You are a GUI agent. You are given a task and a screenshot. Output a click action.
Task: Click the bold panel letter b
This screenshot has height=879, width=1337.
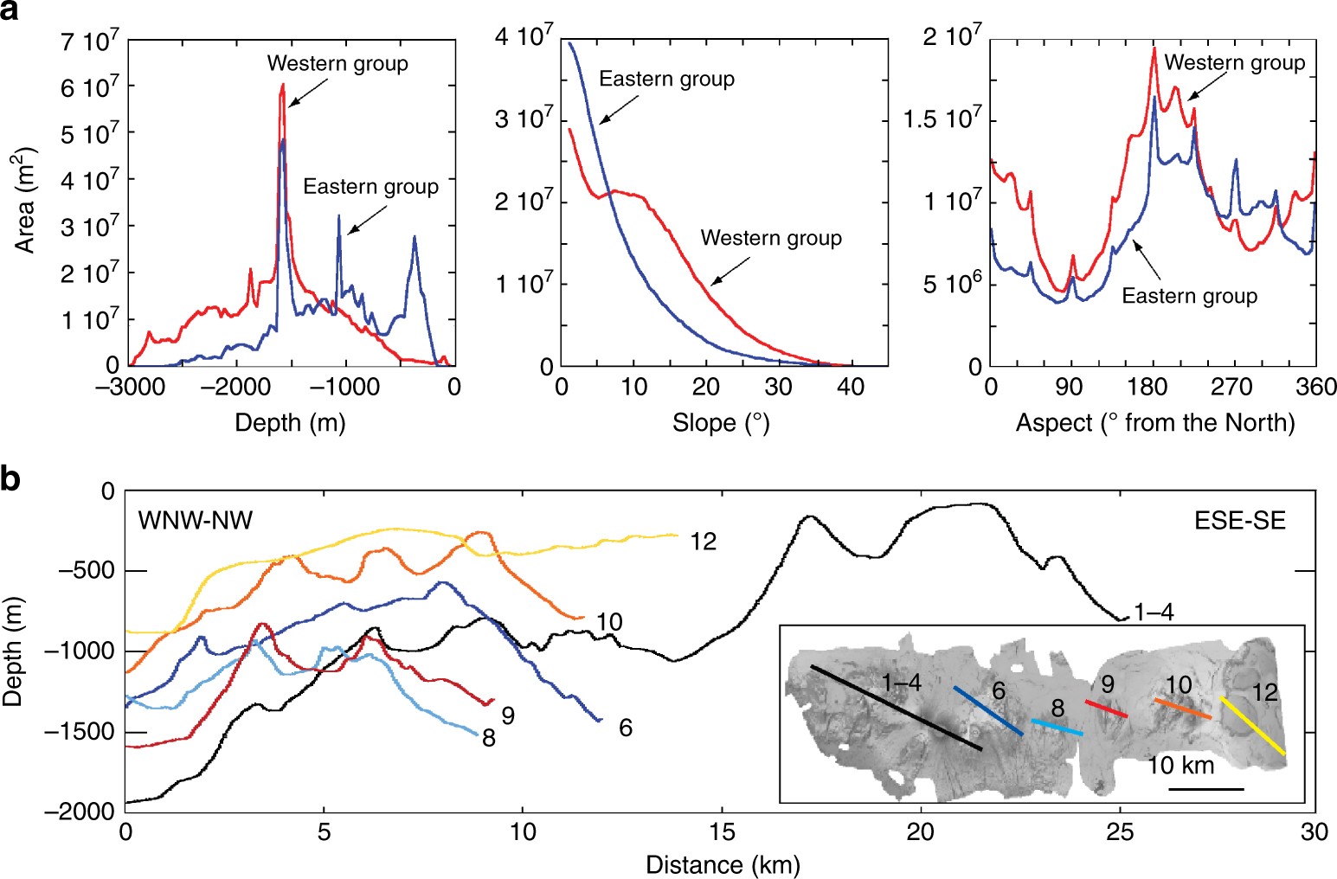[x=12, y=478]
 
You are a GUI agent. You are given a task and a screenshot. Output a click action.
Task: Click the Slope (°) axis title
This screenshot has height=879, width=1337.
[x=720, y=423]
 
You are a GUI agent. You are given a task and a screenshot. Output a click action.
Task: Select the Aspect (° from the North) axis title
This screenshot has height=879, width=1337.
[x=1154, y=423]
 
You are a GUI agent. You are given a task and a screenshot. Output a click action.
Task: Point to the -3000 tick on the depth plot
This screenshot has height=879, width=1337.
[x=129, y=386]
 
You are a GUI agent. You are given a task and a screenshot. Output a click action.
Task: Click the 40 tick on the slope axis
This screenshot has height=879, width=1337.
[x=851, y=387]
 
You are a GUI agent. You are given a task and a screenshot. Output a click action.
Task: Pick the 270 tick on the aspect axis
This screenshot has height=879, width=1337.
[x=1235, y=387]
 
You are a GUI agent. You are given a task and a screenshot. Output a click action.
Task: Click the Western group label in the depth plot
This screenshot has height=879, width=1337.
[x=337, y=63]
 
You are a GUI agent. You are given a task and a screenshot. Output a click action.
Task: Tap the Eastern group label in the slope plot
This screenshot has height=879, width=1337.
[x=666, y=80]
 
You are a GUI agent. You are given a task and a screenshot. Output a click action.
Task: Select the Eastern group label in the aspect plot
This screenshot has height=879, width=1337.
[x=1189, y=296]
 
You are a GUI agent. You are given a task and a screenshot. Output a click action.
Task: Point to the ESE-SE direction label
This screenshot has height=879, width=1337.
[x=1238, y=520]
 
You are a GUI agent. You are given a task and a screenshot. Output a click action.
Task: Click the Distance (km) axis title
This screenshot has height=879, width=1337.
[x=722, y=864]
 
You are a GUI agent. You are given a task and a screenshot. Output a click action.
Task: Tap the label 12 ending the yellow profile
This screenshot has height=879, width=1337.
[x=704, y=542]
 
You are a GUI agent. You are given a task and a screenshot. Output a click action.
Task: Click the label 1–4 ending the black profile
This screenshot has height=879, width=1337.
[x=1154, y=613]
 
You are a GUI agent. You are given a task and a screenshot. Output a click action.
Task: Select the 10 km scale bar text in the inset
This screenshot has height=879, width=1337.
[x=1180, y=766]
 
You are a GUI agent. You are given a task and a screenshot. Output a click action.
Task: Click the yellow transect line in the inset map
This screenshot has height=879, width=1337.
[x=1252, y=725]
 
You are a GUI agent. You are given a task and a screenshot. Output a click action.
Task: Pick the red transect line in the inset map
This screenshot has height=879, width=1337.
[x=1106, y=709]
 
